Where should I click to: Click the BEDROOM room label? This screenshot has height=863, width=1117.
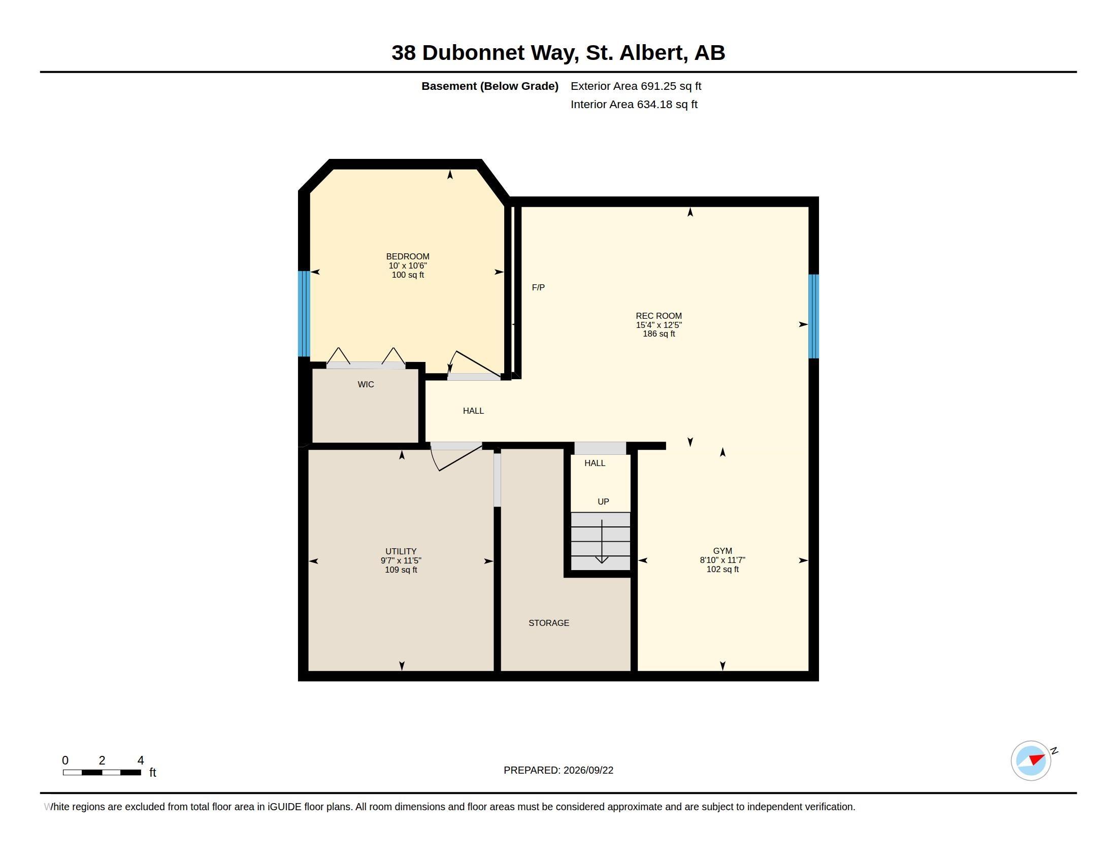pos(408,257)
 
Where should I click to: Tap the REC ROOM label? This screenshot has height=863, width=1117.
pos(659,316)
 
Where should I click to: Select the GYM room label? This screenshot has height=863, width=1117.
pos(722,551)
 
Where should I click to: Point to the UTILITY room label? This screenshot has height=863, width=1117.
pos(401,552)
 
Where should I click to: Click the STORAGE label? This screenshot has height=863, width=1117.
pos(549,623)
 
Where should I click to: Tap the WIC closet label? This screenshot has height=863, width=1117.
pos(366,384)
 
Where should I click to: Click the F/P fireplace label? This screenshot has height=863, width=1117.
pos(538,288)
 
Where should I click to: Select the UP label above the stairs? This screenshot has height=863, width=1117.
pos(604,502)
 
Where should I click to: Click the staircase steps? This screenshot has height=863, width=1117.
pos(601,542)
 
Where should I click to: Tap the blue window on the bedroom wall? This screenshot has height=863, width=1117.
pos(304,313)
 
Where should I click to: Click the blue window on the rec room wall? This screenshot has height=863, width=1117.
pos(814,316)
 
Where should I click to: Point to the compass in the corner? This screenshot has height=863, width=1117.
pos(1031,761)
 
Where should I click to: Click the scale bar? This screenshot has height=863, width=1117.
pos(102,773)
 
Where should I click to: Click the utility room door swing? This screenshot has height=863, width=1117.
pos(456,456)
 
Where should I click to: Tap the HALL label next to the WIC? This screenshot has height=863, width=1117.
pos(473,411)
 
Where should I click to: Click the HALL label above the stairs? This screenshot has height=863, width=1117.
pos(595,463)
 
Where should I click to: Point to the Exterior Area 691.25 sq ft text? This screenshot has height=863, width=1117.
pos(636,86)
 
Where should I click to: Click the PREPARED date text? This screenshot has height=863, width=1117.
pos(558,771)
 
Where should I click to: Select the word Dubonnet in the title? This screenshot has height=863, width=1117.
pos(473,53)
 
